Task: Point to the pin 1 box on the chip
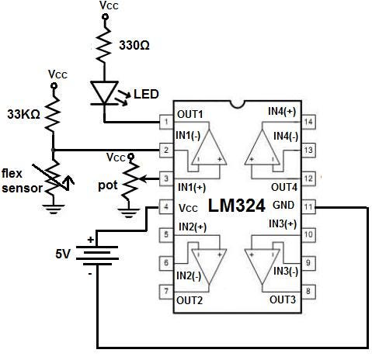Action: coord(165,121)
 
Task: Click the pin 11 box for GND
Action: coord(308,207)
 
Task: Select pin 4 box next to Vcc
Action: coord(165,207)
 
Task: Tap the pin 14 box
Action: coord(308,121)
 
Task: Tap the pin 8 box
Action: coord(308,292)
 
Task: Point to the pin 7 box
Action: coord(165,292)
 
